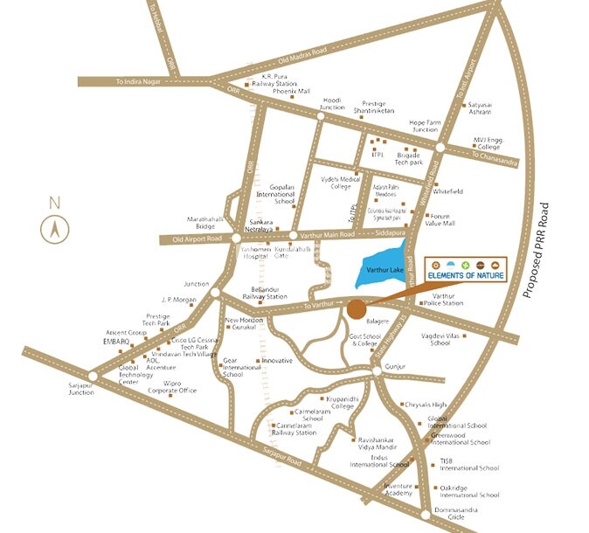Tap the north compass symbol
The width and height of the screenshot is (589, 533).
click(54, 230)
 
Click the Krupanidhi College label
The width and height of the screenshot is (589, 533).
click(334, 402)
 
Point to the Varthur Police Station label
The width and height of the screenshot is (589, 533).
click(448, 300)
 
